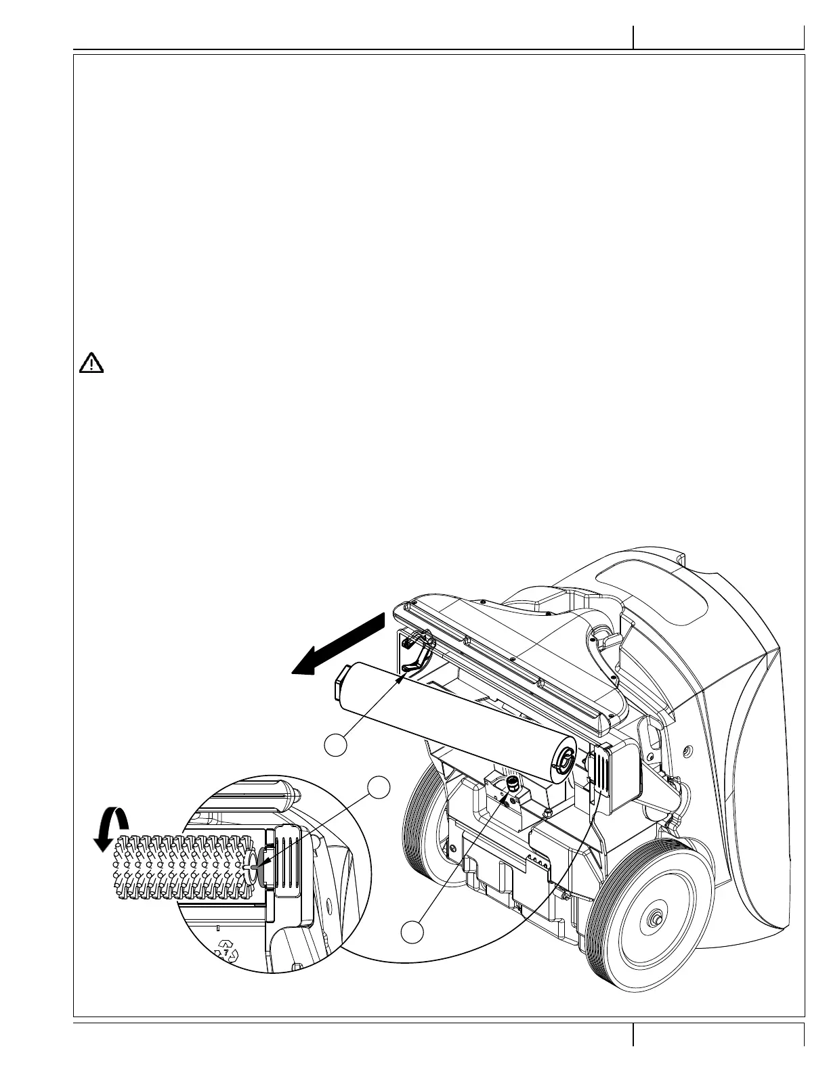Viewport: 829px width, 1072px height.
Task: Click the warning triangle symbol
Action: click(91, 363)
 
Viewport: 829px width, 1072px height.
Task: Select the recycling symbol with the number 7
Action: click(227, 952)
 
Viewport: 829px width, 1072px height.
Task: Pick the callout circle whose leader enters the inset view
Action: click(379, 788)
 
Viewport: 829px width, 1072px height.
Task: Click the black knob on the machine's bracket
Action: click(513, 783)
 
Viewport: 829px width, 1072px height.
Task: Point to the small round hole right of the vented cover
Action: click(687, 751)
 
